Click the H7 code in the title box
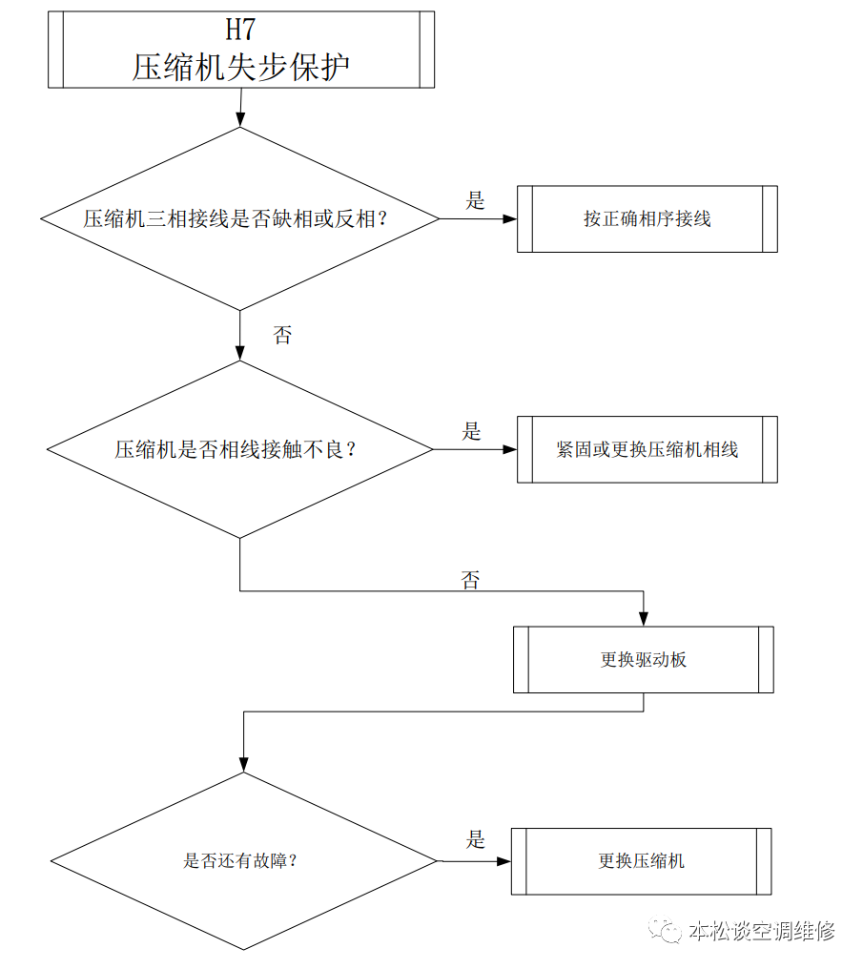pyautogui.click(x=240, y=30)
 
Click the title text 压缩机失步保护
pyautogui.click(x=241, y=67)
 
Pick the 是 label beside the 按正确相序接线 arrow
pyautogui.click(x=475, y=200)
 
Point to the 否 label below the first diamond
pyautogui.click(x=282, y=335)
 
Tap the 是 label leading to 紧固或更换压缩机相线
pyautogui.click(x=471, y=431)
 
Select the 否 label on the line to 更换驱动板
pyautogui.click(x=470, y=580)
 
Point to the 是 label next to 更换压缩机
pyautogui.click(x=475, y=839)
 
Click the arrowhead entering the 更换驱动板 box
pyautogui.click(x=643, y=619)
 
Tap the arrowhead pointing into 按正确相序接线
pyautogui.click(x=509, y=218)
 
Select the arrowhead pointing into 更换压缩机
pyautogui.click(x=504, y=861)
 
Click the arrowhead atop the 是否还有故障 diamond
pyautogui.click(x=243, y=765)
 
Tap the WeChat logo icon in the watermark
pyautogui.click(x=664, y=930)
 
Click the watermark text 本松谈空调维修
pyautogui.click(x=762, y=930)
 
